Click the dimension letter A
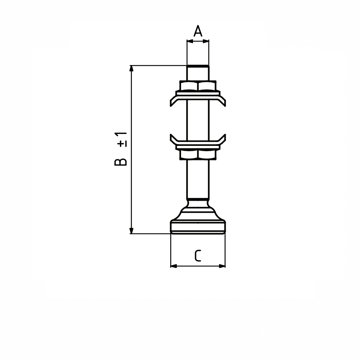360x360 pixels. (x=198, y=31)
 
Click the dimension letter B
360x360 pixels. (x=121, y=162)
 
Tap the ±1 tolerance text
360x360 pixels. (x=122, y=140)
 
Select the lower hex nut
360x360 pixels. (x=198, y=155)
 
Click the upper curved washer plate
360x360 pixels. (x=198, y=98)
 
